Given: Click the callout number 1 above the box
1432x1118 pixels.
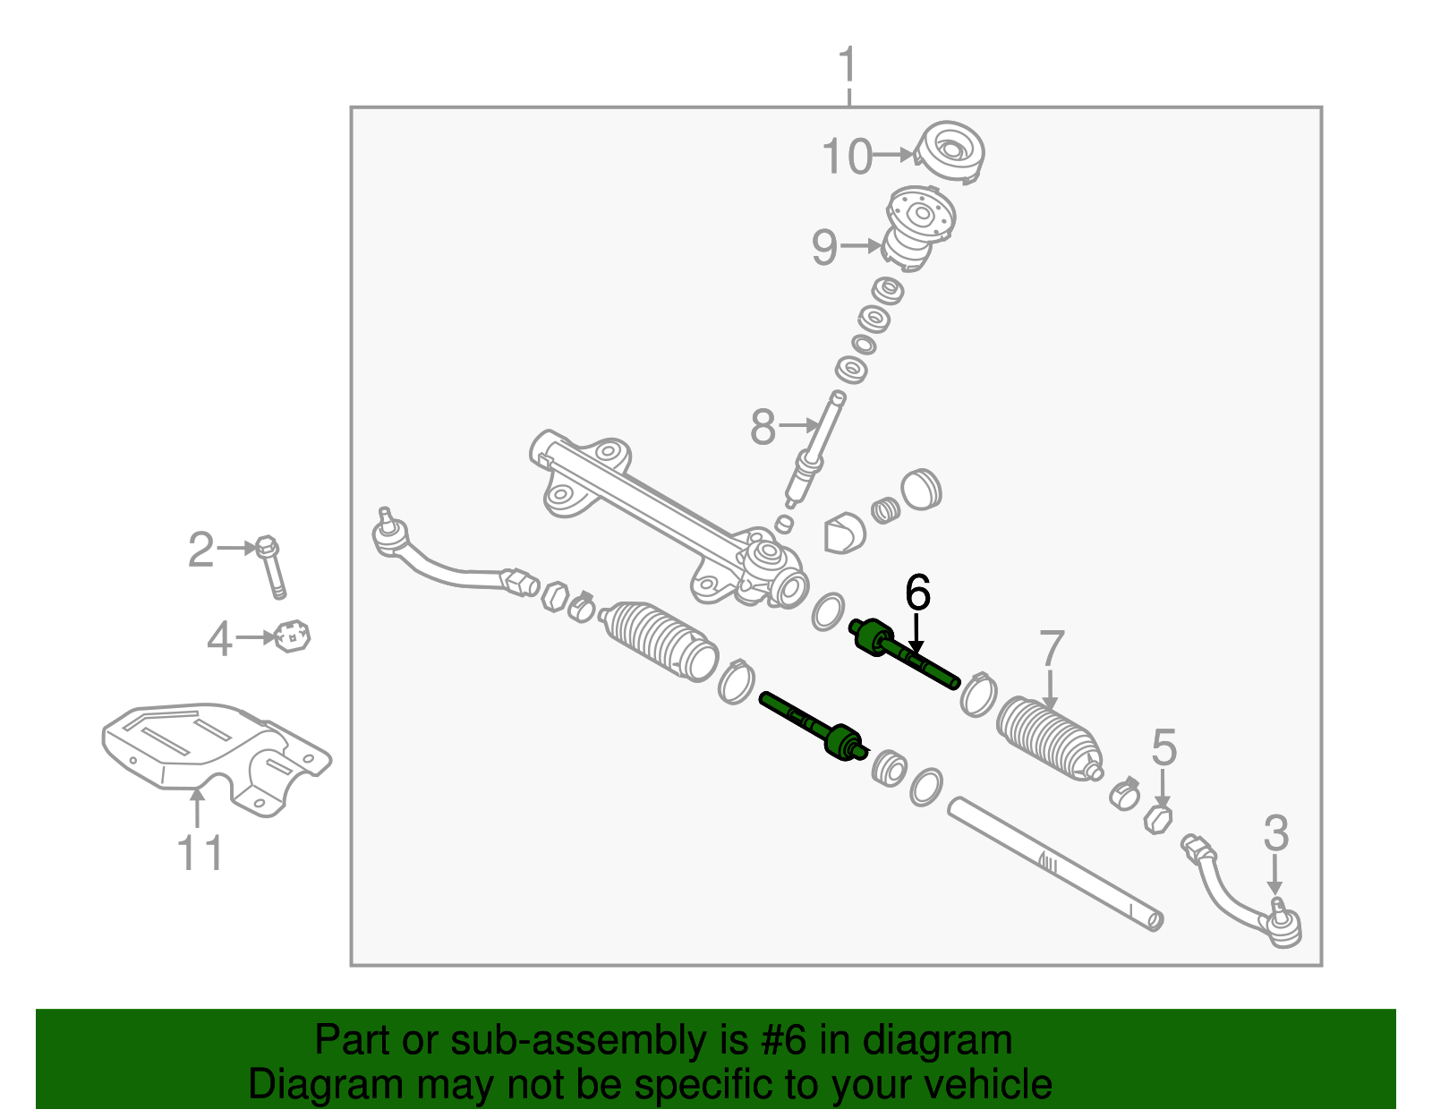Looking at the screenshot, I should click(847, 66).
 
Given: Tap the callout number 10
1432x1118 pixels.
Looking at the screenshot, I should click(847, 157).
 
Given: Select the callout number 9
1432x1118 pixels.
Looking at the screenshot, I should click(824, 246).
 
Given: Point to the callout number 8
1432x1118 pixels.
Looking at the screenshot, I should click(763, 427).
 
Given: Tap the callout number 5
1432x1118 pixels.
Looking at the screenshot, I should click(1163, 747).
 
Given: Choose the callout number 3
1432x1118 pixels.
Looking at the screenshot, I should click(1275, 833).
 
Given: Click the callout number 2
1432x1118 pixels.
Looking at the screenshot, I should click(200, 550).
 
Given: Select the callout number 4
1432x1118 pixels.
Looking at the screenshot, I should click(219, 639).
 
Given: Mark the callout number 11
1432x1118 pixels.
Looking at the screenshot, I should click(200, 853).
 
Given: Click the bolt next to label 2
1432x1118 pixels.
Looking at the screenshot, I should click(271, 566).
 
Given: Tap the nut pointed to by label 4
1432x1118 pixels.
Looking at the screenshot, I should click(293, 636).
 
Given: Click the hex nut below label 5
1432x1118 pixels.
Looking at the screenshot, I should click(1158, 818).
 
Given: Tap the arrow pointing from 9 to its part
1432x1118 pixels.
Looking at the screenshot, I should click(862, 245).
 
